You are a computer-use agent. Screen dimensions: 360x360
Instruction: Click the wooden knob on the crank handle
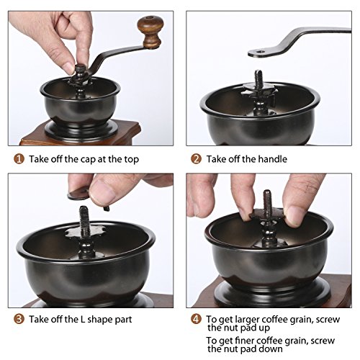(151, 31)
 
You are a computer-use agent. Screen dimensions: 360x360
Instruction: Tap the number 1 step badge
(19, 159)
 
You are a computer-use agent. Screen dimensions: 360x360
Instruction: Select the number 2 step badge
(196, 159)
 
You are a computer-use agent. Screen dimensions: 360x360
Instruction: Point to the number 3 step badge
(19, 319)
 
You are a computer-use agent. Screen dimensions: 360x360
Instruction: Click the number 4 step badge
(196, 319)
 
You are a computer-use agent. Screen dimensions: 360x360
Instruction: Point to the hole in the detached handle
(260, 51)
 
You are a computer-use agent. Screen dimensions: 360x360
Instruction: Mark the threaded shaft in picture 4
(267, 201)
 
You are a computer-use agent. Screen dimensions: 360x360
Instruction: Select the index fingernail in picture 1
(69, 68)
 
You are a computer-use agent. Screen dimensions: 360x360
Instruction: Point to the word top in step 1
(131, 160)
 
